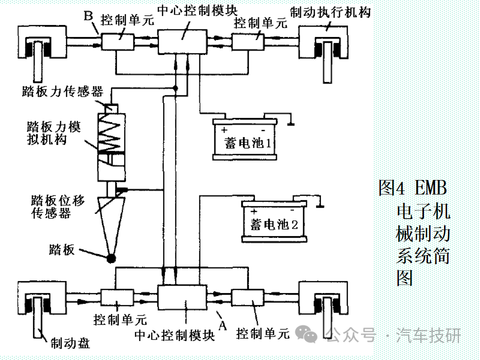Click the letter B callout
click(88, 15)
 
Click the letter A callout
click(222, 325)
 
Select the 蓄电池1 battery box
click(245, 139)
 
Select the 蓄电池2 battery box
click(274, 221)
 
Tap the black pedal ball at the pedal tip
click(111, 258)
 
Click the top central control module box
click(182, 42)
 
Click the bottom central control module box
click(182, 297)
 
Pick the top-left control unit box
click(118, 42)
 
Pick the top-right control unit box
click(248, 42)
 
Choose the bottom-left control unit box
click(117, 297)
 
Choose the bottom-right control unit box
click(247, 297)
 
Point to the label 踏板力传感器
click(62, 91)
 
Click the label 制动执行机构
click(330, 12)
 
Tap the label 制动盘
click(70, 343)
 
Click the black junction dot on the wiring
click(175, 88)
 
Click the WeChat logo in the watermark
click(306, 333)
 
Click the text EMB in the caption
click(430, 187)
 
